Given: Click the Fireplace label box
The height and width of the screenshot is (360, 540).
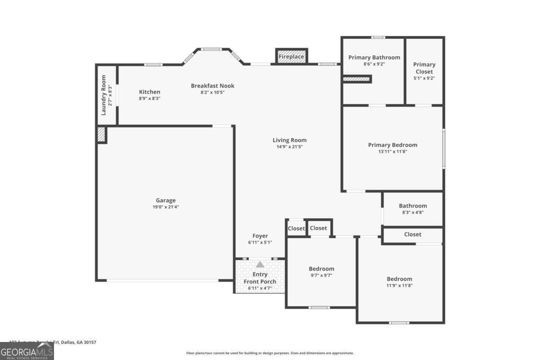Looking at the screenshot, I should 291,57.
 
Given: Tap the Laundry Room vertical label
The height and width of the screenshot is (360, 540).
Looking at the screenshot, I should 103,95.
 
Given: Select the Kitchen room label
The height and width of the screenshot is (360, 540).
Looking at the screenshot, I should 149,92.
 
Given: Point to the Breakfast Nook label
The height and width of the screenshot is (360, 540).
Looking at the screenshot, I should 212,85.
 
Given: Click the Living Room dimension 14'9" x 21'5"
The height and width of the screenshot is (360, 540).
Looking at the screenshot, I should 289,146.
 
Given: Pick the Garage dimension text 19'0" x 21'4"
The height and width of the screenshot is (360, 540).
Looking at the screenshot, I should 166,207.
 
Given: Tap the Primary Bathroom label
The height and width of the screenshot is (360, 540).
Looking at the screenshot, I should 374,57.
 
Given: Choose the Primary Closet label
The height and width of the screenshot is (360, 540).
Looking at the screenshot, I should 424,68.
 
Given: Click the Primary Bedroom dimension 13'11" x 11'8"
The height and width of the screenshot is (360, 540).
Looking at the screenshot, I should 392,152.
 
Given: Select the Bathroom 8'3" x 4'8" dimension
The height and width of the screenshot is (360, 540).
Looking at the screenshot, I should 413,212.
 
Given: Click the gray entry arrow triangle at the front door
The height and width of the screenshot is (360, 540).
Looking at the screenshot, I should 260,265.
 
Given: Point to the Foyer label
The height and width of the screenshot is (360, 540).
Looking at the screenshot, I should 260,236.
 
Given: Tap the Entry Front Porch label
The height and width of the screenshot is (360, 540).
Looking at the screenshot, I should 260,278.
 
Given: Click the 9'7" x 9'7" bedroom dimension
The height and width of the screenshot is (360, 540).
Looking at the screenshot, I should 321,275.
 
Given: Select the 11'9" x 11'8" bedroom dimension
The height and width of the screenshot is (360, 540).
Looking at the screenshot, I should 399,285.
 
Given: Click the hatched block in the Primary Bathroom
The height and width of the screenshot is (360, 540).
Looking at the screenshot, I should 357,79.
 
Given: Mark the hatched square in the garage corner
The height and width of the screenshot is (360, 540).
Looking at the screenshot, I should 102,135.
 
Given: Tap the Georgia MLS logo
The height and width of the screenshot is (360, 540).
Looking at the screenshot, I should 27,351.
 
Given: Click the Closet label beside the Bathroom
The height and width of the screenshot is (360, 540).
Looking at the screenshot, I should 413,234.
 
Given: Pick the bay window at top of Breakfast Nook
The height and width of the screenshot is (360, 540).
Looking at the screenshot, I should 211,49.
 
